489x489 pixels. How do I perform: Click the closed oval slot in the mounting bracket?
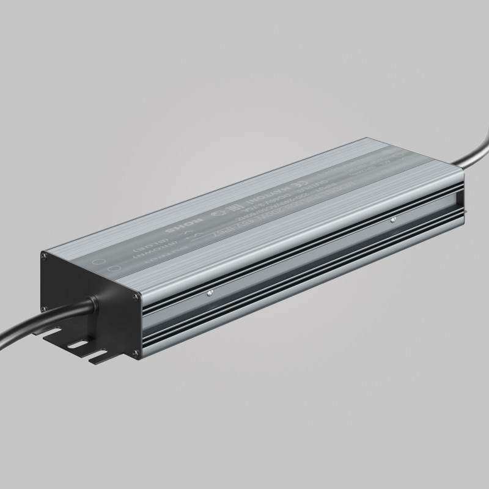(x=76, y=345)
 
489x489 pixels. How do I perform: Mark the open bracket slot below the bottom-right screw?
(x=100, y=356)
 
